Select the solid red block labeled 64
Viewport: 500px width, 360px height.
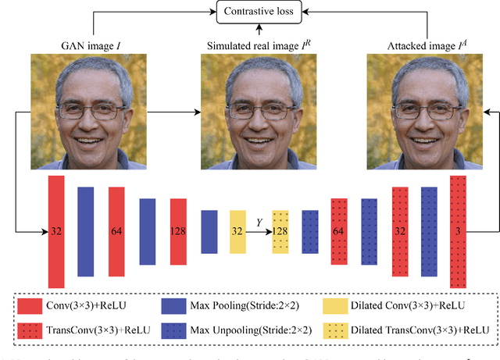pos(116,231)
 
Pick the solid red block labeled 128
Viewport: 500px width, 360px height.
pos(177,231)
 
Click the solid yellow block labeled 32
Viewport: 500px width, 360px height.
pos(237,231)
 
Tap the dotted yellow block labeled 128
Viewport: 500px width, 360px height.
pos(280,231)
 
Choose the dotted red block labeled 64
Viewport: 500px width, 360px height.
pos(339,231)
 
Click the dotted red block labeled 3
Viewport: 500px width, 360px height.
pos(457,231)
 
